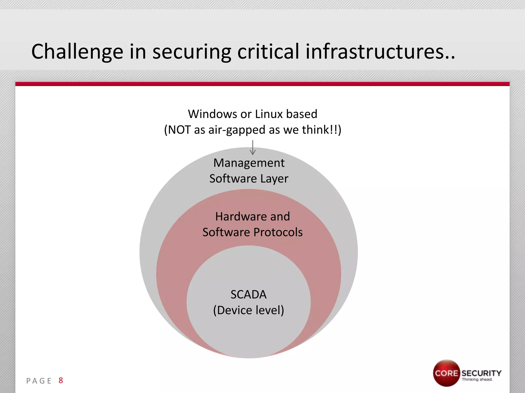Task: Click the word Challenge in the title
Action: tap(77, 52)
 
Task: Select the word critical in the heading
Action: tap(268, 52)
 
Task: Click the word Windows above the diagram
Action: tap(212, 114)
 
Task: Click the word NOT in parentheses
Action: tap(179, 130)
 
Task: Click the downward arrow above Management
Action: tap(253, 148)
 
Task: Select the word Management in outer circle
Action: tap(249, 163)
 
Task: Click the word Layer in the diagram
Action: tap(274, 179)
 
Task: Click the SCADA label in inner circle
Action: tap(248, 294)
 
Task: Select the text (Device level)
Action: tap(248, 310)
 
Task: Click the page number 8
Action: tap(61, 380)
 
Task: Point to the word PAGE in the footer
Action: tap(39, 381)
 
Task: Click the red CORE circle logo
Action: tap(446, 373)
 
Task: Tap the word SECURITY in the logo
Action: tap(481, 373)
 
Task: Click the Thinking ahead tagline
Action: tap(477, 379)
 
